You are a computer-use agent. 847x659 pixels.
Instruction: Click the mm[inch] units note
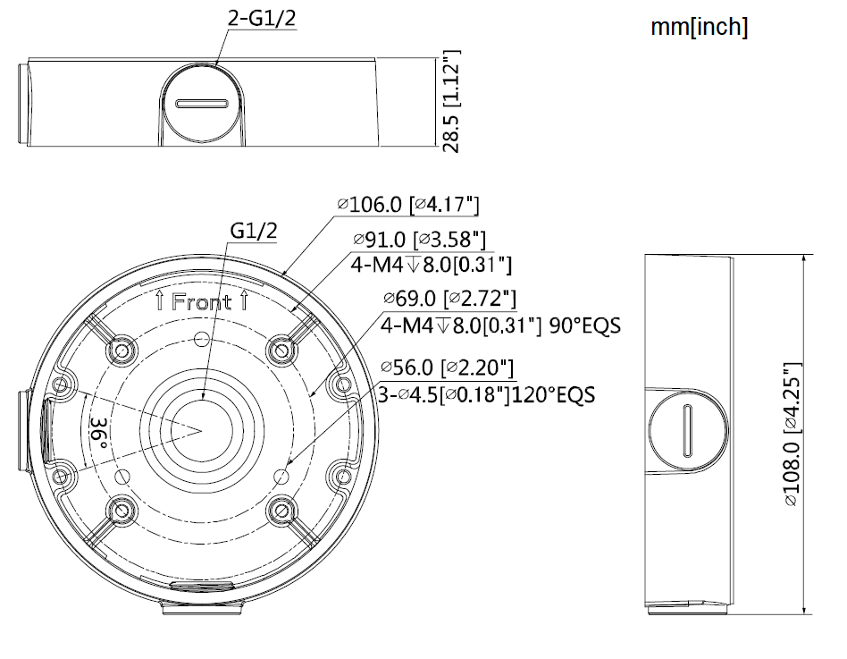pyautogui.click(x=700, y=28)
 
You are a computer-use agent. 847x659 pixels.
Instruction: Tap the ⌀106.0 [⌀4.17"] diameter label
pyautogui.click(x=409, y=205)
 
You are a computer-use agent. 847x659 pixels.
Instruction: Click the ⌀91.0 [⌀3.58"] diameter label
pyautogui.click(x=419, y=240)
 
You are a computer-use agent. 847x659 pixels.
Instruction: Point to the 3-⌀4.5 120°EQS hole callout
pyautogui.click(x=487, y=393)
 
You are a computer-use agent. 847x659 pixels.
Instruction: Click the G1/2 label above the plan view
pyautogui.click(x=254, y=230)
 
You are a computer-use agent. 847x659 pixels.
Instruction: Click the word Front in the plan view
pyautogui.click(x=201, y=302)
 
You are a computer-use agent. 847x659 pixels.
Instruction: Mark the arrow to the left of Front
pyautogui.click(x=159, y=301)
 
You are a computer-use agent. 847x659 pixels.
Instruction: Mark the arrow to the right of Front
pyautogui.click(x=243, y=301)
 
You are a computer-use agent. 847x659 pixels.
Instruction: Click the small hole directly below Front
pyautogui.click(x=201, y=339)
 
